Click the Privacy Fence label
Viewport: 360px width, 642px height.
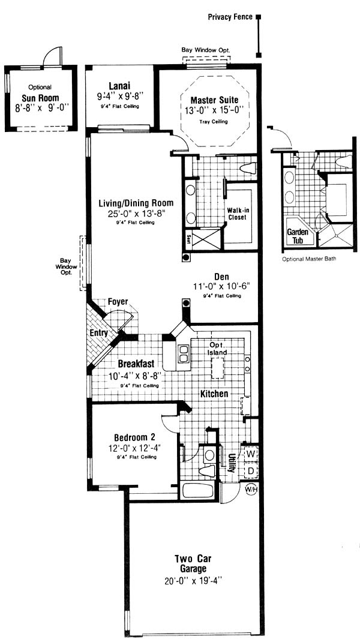(230, 17)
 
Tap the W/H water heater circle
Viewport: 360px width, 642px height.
(251, 489)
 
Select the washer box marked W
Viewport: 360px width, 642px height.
(250, 454)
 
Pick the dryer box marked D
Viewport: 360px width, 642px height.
(250, 470)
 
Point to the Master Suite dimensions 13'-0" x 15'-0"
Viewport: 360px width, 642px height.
(214, 109)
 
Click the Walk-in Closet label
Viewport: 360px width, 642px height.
(237, 214)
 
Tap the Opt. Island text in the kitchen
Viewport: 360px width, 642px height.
(216, 349)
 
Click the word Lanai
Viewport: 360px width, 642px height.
(119, 86)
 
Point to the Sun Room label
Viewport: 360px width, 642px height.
(40, 98)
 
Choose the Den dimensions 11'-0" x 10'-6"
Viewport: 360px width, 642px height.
(221, 287)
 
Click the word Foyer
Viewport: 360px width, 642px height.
(118, 302)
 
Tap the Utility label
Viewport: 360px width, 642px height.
(232, 462)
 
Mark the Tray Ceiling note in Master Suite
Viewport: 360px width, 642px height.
(214, 122)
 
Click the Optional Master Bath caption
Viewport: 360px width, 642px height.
(309, 259)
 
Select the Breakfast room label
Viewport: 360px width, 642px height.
(136, 364)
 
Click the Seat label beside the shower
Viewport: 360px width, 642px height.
(188, 239)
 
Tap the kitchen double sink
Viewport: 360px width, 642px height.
(184, 354)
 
